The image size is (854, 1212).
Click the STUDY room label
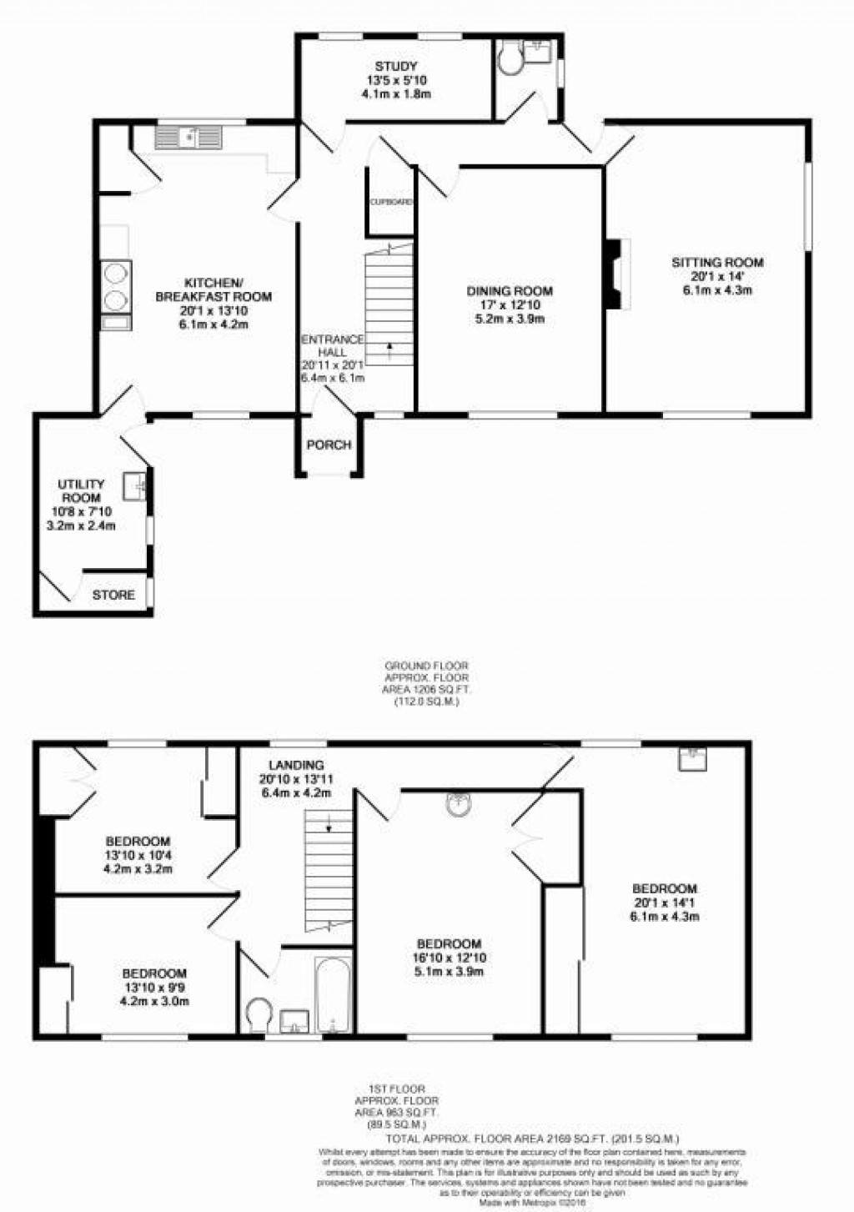click(x=395, y=66)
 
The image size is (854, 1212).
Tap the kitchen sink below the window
click(x=190, y=136)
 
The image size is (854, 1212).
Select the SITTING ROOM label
click(x=717, y=263)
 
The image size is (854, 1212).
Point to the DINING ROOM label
click(x=509, y=291)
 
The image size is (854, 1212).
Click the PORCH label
click(x=329, y=445)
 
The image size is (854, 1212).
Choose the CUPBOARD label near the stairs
click(x=391, y=202)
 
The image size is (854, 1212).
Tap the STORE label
click(x=113, y=595)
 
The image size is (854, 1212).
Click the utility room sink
click(x=135, y=485)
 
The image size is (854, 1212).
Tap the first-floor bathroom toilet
click(x=261, y=1013)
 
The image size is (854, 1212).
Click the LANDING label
click(x=296, y=765)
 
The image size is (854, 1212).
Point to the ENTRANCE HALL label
click(x=333, y=345)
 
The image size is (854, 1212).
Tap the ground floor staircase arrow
click(x=389, y=346)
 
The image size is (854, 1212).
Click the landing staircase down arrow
click(x=330, y=827)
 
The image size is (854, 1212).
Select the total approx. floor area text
click(x=533, y=1138)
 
